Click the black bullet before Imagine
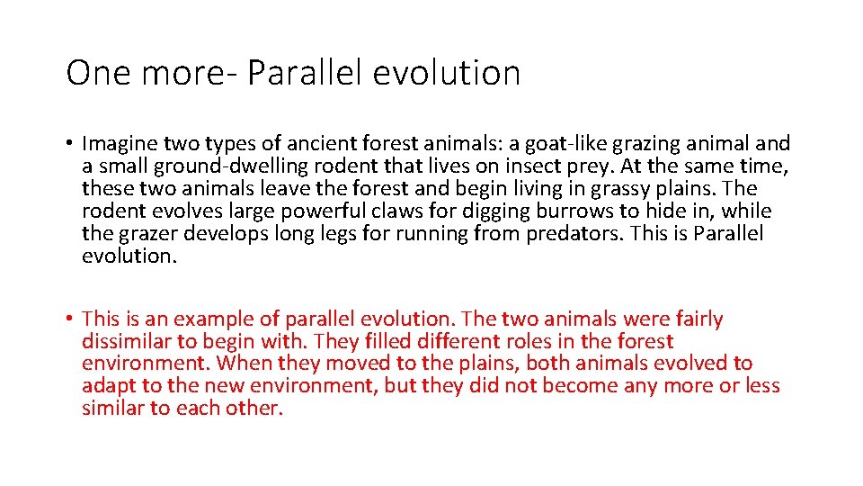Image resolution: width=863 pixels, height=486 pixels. pos(70,144)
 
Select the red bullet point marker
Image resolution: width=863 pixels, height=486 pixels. pos(70,319)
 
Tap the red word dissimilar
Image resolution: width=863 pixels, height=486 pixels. pos(121,341)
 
